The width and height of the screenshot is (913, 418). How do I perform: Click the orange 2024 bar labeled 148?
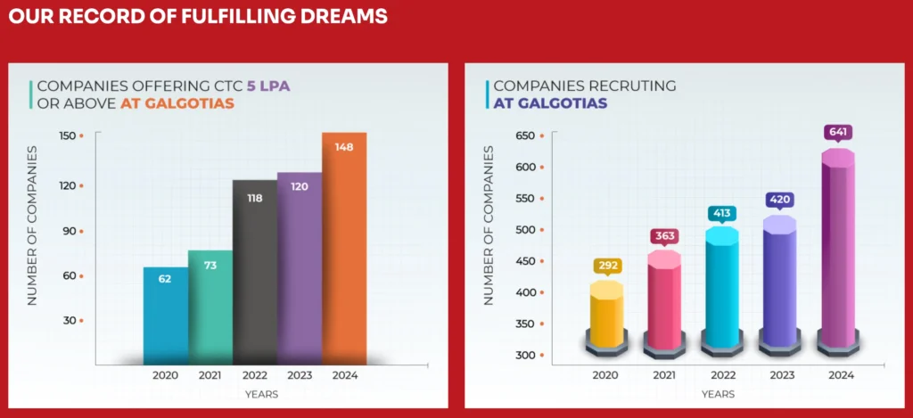344,250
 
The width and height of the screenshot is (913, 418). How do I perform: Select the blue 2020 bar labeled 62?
166,316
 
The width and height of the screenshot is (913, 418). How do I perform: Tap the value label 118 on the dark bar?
254,198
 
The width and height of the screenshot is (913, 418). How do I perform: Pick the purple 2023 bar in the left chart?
300,267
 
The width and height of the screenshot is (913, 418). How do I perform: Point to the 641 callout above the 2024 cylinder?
839,133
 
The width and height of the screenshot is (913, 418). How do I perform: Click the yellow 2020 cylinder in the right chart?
606,316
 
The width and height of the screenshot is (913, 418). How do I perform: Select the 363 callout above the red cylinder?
664,236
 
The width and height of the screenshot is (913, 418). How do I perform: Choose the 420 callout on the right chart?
780,200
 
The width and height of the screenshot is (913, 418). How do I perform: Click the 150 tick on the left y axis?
69,135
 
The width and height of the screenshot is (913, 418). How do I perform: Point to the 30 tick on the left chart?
70,320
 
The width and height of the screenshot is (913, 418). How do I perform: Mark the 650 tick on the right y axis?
525,135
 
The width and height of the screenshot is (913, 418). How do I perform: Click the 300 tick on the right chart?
525,356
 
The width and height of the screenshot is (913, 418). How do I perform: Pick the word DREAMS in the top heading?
343,16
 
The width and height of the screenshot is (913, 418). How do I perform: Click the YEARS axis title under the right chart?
719,393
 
